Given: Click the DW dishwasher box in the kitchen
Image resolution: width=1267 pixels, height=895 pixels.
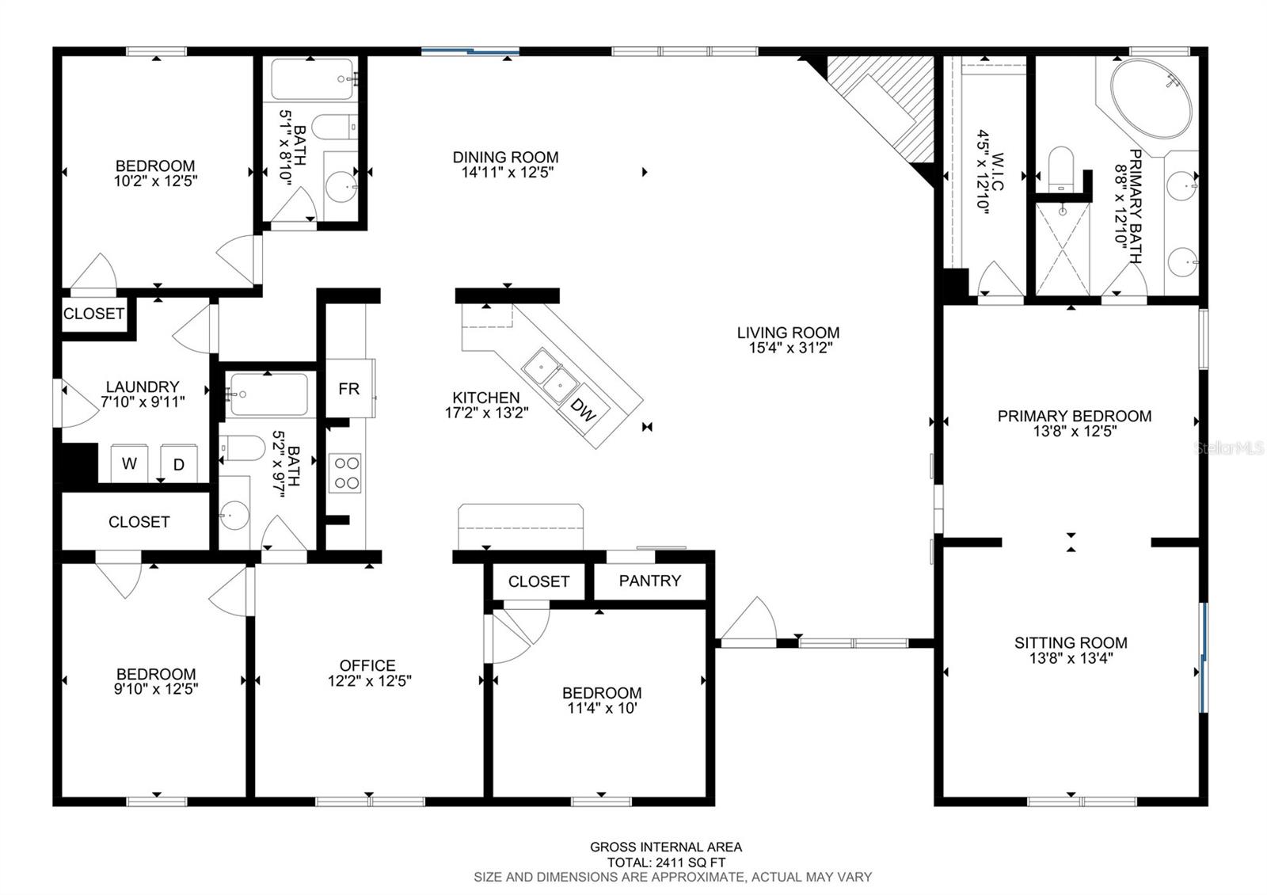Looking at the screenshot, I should [x=584, y=409].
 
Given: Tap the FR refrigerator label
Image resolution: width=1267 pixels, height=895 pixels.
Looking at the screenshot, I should [x=348, y=388].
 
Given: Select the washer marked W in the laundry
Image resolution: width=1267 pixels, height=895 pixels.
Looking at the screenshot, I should [x=129, y=464].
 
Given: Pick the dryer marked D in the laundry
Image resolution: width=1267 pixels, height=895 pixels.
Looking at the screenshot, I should [x=179, y=465].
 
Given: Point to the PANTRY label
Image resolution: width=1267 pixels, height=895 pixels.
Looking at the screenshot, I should [x=649, y=581].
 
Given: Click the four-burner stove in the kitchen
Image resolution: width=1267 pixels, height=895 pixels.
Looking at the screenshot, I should [x=344, y=473].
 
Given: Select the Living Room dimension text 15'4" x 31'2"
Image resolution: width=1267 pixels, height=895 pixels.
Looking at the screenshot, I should [x=787, y=347].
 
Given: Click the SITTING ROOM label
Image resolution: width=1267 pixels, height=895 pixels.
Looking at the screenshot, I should [x=1071, y=642].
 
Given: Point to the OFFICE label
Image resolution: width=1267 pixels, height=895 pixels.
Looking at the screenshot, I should [x=367, y=665].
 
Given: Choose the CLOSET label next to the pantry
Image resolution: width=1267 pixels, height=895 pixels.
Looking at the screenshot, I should [x=538, y=581].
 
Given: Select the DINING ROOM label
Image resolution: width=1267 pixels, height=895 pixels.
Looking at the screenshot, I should [x=505, y=157].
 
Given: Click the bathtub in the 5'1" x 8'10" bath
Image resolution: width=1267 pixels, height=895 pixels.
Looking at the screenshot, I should [x=313, y=79].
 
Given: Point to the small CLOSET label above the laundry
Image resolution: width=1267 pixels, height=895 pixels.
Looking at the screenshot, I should [x=93, y=314].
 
